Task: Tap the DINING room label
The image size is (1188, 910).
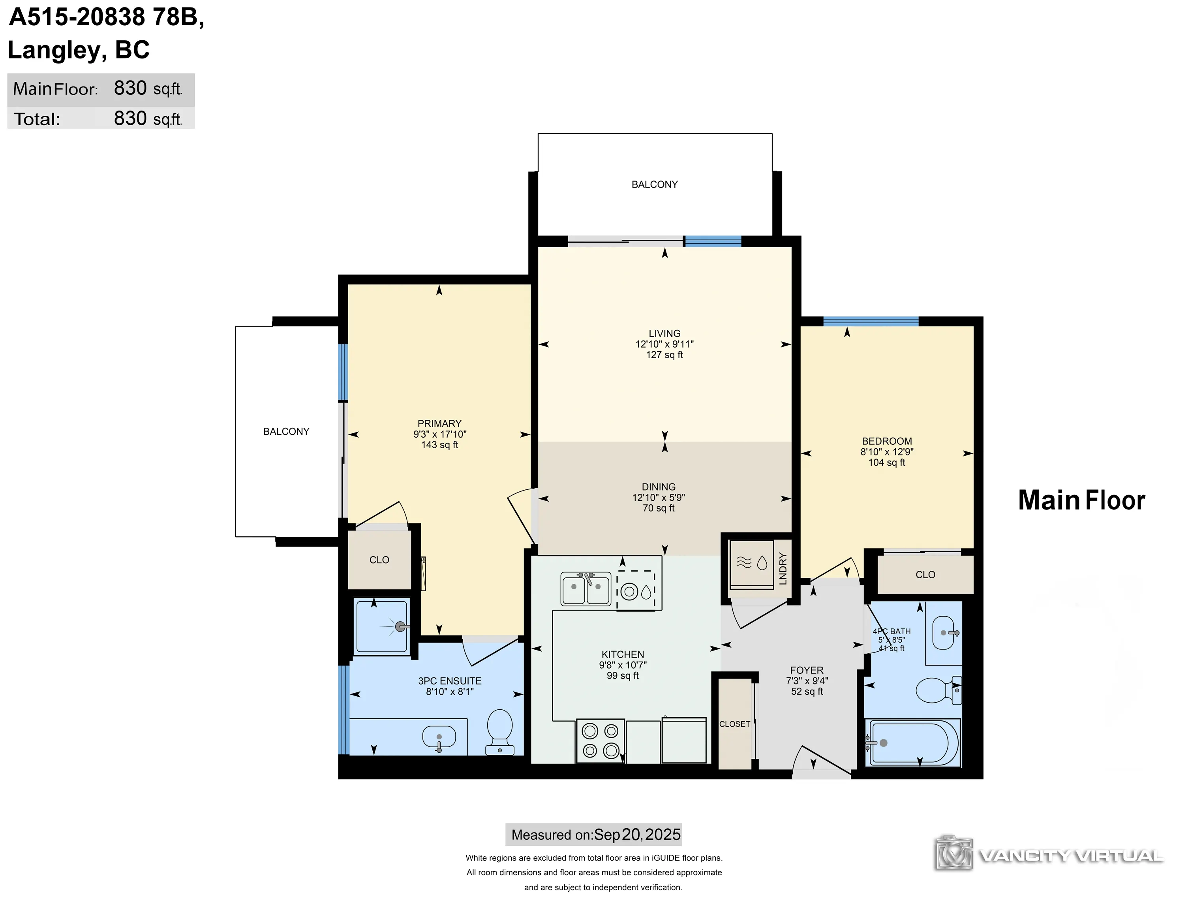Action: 659,487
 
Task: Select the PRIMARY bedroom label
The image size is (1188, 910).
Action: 439,423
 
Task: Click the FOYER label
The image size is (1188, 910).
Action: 806,670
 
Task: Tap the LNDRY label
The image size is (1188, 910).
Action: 783,569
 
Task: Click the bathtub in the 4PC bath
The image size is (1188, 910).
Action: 912,743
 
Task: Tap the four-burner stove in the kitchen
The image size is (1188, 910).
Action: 601,741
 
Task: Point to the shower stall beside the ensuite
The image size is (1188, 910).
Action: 382,627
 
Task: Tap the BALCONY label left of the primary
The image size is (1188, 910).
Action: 286,432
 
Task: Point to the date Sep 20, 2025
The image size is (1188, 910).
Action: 637,835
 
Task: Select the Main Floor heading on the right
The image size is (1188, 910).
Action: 1081,500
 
